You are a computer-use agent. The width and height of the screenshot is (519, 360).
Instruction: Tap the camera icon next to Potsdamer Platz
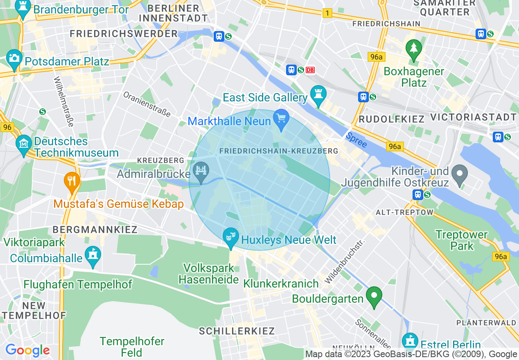click(14, 58)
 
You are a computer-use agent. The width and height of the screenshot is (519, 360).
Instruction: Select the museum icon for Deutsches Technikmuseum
click(24, 143)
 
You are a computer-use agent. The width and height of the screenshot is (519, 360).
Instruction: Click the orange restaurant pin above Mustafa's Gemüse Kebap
click(72, 180)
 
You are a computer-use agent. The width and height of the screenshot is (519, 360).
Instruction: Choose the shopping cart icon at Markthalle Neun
click(281, 118)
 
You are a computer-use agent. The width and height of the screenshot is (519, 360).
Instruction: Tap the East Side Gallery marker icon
click(318, 94)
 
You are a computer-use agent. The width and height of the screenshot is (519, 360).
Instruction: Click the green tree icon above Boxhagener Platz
click(413, 48)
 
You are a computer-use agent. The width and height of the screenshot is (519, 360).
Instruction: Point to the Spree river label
click(356, 140)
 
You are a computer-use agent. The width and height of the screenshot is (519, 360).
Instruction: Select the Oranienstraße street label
click(147, 104)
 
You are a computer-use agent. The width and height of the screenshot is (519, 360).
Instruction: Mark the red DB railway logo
click(310, 70)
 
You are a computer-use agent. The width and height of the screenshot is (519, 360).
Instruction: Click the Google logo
click(27, 350)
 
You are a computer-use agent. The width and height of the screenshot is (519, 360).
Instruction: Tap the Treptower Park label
click(461, 240)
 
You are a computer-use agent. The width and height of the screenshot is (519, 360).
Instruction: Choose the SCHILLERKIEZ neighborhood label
click(237, 331)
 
